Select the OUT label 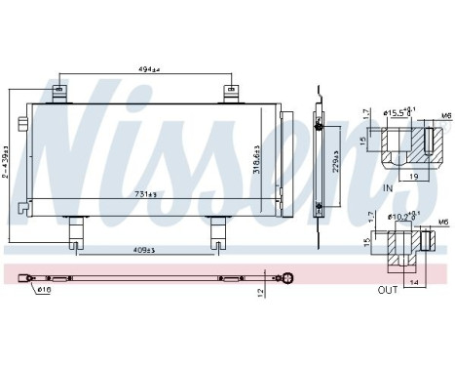(x=387, y=289)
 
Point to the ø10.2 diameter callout (x=400, y=215)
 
